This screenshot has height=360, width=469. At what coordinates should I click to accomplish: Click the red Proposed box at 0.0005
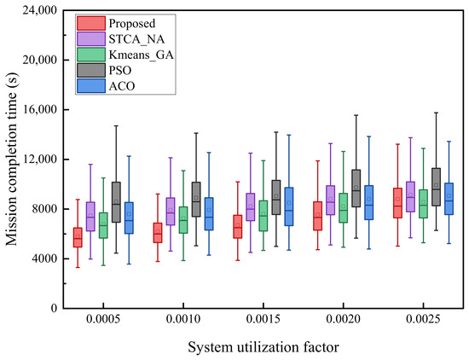pos(78,237)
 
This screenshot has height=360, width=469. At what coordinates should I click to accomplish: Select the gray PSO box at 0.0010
pos(196,200)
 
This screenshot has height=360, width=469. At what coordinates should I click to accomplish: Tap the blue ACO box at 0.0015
pos(289,206)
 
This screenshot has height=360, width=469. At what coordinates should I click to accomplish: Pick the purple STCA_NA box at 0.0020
pos(331,200)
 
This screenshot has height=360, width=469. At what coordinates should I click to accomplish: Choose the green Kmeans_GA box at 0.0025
pos(423,204)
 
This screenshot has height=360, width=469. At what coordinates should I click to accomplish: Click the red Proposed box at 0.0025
pos(398,203)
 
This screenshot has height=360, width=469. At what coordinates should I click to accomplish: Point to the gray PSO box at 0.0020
pos(356,189)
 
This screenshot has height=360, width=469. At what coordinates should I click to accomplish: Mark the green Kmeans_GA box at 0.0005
pos(103,225)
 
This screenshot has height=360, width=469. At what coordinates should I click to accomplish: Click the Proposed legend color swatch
pos(91,23)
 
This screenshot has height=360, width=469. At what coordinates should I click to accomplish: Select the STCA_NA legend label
pos(136,39)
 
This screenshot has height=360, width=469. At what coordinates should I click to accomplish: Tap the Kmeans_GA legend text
pos(141,55)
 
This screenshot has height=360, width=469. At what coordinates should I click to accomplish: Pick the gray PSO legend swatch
pos(91,70)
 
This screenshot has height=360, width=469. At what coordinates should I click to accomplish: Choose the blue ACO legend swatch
pos(91,86)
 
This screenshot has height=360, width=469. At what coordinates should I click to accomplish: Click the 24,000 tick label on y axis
pos(40,11)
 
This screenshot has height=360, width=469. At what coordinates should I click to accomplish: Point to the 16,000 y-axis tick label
pos(40,110)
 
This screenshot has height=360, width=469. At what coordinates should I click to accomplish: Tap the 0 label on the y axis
pos(54,308)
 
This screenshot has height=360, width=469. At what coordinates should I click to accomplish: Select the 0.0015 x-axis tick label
pos(263,319)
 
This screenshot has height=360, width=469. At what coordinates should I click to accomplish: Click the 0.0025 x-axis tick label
pos(423,319)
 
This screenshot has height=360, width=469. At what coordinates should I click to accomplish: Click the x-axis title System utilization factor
pos(263,347)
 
